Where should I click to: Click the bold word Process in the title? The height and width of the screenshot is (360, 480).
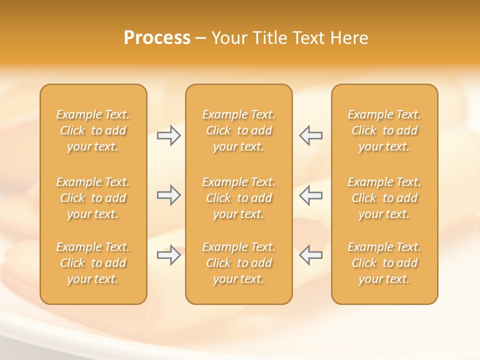[x=157, y=38]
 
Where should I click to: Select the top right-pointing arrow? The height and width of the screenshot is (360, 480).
[x=169, y=135]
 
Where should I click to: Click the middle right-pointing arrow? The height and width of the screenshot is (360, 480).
[x=169, y=195]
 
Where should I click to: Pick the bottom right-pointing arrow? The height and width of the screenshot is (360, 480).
[x=169, y=255]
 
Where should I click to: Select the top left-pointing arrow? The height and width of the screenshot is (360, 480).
[x=310, y=135]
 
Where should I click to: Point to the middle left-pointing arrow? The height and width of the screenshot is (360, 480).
[x=310, y=195]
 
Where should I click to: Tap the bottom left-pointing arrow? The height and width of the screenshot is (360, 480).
[x=310, y=255]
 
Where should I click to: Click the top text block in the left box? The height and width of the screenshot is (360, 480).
[x=93, y=130]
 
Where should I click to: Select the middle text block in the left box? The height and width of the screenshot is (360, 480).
[x=93, y=198]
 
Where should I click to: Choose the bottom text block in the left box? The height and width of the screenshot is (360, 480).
[x=93, y=263]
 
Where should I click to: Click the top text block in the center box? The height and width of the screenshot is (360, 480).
[x=238, y=130]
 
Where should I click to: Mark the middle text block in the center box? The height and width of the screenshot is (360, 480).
[x=238, y=198]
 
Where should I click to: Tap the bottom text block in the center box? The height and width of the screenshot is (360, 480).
[x=238, y=263]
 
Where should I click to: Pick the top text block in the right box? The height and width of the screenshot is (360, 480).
[x=384, y=130]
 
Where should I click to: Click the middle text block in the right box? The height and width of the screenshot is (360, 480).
[x=384, y=198]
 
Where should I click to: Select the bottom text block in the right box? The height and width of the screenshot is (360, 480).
[x=384, y=263]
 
